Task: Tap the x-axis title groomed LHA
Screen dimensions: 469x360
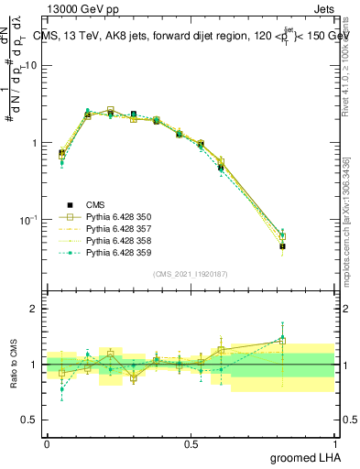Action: coord(307,457)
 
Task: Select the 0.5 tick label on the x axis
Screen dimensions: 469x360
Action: coord(191,443)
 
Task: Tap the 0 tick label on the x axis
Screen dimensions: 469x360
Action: coord(47,443)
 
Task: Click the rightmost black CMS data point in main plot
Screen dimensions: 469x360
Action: coord(283,246)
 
